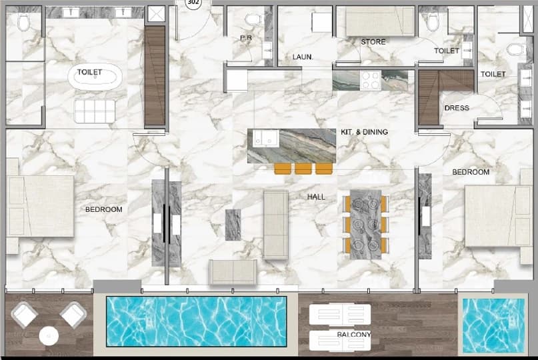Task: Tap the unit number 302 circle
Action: (x=193, y=3)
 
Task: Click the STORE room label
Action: (x=373, y=42)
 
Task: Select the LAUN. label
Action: (x=303, y=57)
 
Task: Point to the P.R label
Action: (x=246, y=38)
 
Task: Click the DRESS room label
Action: (x=457, y=108)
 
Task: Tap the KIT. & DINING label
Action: (x=364, y=132)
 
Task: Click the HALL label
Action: (x=316, y=197)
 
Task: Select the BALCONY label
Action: (x=354, y=334)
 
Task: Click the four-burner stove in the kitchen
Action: (x=371, y=81)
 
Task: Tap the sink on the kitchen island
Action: (x=265, y=138)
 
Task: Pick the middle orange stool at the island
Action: (x=303, y=169)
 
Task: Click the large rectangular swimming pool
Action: (x=196, y=321)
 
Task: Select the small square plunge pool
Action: (x=493, y=326)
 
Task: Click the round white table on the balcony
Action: (x=49, y=336)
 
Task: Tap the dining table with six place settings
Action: (x=366, y=225)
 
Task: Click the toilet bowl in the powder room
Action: (x=253, y=20)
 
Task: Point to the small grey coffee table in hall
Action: (x=233, y=225)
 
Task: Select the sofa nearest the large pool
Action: (x=233, y=272)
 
